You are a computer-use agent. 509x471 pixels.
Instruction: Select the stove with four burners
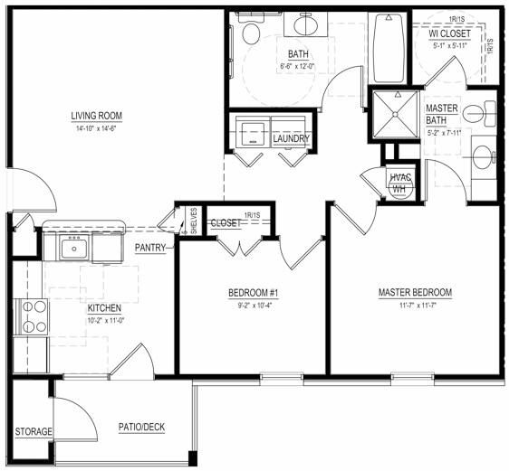pos(34,317)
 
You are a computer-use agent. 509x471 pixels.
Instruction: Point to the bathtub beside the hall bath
pos(389,51)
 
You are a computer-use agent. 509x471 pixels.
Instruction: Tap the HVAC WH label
pos(399,181)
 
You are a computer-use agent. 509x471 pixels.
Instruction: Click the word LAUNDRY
pos(292,138)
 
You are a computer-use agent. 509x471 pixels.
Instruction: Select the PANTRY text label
pos(150,246)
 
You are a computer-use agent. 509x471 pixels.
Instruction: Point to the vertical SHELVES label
pos(194,221)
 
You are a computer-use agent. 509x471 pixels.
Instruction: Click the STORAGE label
pos(33,432)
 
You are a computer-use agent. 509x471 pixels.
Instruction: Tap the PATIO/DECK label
pos(141,428)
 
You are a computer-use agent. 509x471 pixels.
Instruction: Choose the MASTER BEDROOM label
pos(415,293)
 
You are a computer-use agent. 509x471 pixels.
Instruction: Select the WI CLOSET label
pos(450,33)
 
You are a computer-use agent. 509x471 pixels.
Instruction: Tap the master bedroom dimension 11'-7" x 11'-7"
pos(415,306)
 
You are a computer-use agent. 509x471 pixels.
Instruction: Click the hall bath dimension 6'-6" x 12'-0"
pos(299,66)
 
